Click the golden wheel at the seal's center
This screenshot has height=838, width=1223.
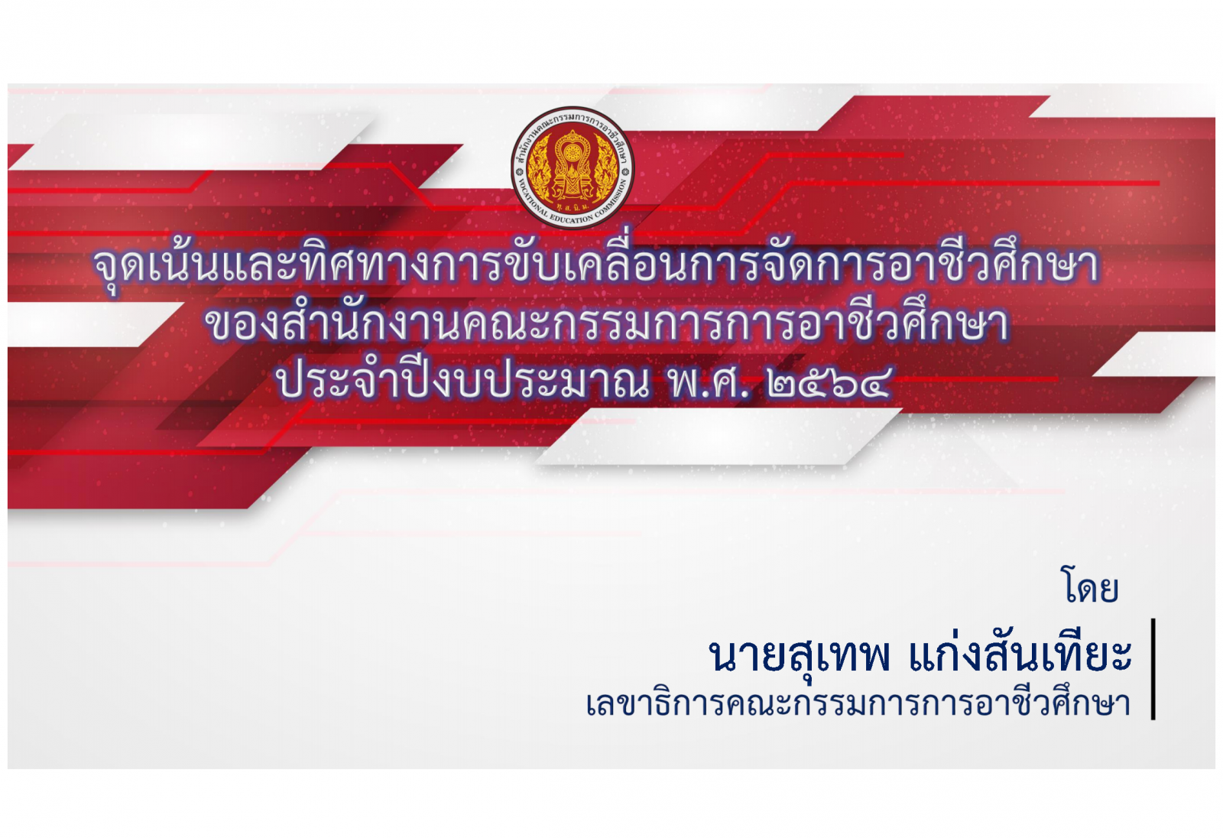click(572, 153)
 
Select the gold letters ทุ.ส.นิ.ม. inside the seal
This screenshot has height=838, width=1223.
click(572, 207)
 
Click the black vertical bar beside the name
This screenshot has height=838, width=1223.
click(1153, 669)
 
